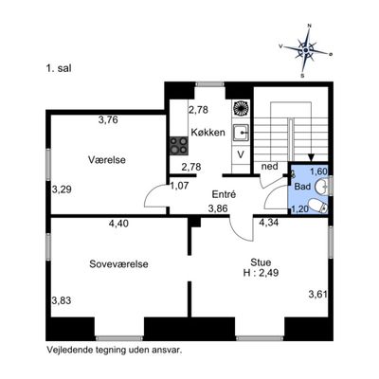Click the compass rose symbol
tap(306, 50)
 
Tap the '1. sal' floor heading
tap(59, 68)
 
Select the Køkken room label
tap(208, 132)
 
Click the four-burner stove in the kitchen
tap(179, 146)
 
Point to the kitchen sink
tap(242, 133)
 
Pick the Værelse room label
tap(107, 160)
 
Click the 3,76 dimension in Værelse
tap(108, 119)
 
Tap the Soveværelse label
tap(118, 264)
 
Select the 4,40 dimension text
tap(118, 224)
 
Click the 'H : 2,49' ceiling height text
tap(261, 273)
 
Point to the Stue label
tap(261, 262)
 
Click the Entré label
tap(224, 194)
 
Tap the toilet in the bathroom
tap(318, 207)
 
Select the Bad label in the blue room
tap(302, 187)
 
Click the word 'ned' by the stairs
tap(269, 166)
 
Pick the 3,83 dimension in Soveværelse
tap(62, 300)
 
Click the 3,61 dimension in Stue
tap(317, 295)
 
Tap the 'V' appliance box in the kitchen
tap(241, 154)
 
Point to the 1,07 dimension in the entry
tap(179, 186)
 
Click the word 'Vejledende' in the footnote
tap(67, 350)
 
